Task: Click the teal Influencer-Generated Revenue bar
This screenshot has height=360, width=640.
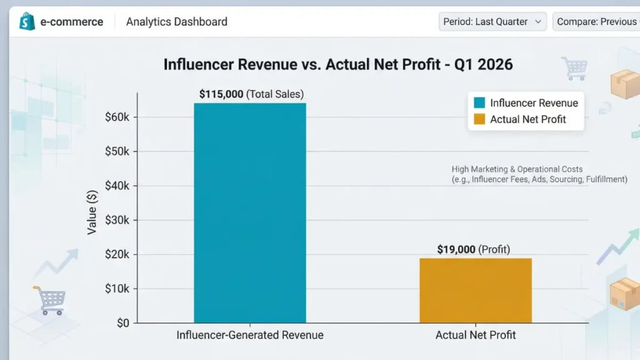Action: click(x=250, y=212)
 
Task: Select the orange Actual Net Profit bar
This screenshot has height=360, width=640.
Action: click(x=475, y=290)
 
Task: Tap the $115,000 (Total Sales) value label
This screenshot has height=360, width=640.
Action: click(x=251, y=94)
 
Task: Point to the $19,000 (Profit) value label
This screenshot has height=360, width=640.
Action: click(x=473, y=249)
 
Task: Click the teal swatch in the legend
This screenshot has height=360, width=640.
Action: click(x=479, y=103)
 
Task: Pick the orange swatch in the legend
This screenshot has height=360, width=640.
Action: click(x=479, y=119)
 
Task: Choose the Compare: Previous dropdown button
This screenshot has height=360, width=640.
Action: click(x=596, y=22)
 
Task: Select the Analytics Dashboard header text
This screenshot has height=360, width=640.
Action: click(x=177, y=22)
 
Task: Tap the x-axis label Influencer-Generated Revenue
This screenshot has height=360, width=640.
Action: click(x=250, y=335)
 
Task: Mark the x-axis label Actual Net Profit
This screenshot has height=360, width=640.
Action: click(x=476, y=335)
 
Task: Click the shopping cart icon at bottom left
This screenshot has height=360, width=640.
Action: click(x=49, y=300)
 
